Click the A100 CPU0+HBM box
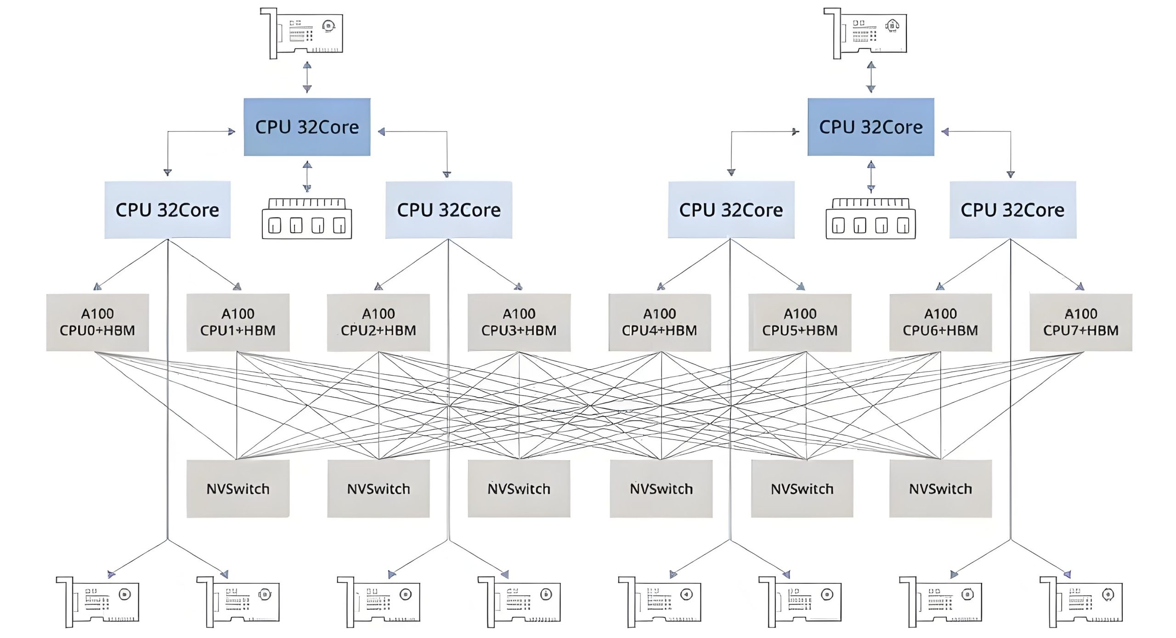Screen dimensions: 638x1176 [97, 322]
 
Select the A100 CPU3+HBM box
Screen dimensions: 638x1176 [519, 322]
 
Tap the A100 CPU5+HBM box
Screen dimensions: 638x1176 [800, 322]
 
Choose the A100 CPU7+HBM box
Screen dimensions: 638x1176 [1081, 322]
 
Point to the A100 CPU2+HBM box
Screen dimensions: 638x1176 [379, 322]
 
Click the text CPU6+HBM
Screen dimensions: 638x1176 [940, 330]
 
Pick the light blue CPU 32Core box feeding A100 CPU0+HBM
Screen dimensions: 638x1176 [167, 210]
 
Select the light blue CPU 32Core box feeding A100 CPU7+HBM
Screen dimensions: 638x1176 [1012, 210]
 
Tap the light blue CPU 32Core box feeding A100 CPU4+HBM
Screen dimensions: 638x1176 [731, 210]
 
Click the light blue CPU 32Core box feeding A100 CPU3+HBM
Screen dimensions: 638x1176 [449, 210]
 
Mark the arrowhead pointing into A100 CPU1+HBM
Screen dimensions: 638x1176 [237, 287]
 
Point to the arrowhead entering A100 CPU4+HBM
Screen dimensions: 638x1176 [661, 287]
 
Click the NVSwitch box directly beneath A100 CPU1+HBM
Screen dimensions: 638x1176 [238, 489]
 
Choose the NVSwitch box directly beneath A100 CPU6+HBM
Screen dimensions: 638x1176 [940, 489]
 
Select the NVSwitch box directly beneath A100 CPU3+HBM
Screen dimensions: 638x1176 [519, 489]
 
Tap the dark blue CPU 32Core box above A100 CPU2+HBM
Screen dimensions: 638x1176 [307, 127]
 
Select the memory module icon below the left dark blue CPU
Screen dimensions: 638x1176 [307, 219]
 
